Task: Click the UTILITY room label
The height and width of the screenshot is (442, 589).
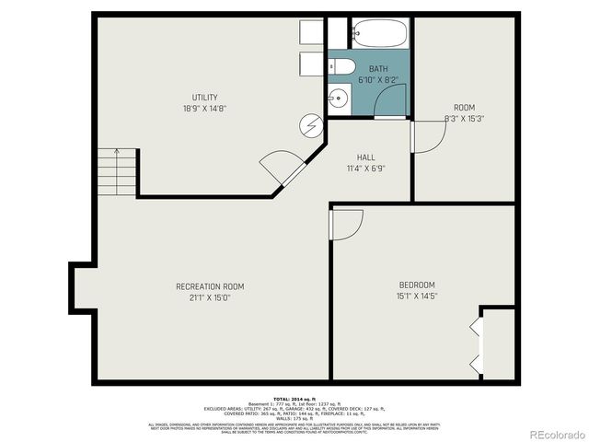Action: click(204, 97)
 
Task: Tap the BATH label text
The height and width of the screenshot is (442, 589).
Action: click(378, 69)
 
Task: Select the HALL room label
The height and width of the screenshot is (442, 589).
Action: click(366, 157)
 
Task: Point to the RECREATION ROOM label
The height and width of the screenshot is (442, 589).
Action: click(210, 286)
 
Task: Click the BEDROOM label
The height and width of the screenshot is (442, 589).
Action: click(416, 285)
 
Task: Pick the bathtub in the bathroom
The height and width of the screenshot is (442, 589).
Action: click(379, 33)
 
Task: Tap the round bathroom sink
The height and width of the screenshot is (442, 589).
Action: click(337, 98)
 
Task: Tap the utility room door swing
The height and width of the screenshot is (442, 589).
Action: click(282, 168)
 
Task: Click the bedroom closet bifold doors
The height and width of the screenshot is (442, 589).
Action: click(476, 345)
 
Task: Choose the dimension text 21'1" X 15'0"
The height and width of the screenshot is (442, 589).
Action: click(210, 297)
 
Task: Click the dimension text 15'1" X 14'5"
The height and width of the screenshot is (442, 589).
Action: click(416, 296)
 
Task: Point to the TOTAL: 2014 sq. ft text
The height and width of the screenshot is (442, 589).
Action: click(294, 398)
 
